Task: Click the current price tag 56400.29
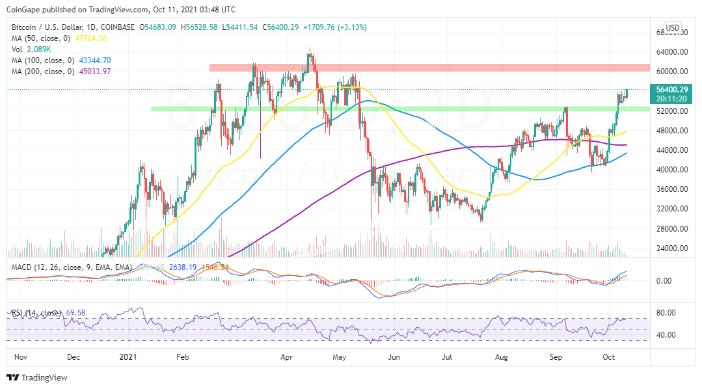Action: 669,90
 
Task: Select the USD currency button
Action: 672,28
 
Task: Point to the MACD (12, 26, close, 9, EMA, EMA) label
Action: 69,267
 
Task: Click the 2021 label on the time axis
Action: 128,357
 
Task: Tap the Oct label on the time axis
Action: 608,357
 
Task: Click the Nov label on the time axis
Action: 20,357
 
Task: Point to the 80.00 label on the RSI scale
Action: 664,313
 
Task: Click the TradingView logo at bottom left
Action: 37,377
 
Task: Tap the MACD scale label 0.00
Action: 664,281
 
